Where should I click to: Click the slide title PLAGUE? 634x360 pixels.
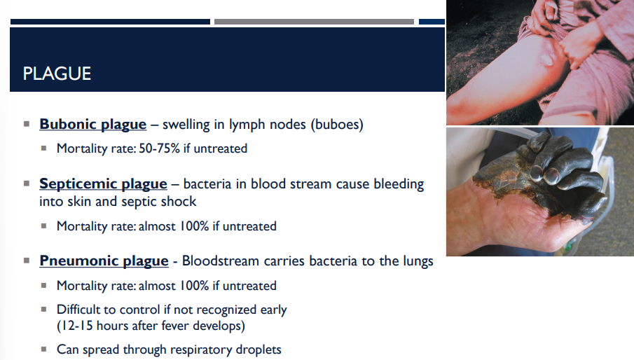coord(57,74)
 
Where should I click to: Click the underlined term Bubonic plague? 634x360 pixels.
coord(92,125)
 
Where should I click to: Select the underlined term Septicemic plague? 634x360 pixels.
coord(103,184)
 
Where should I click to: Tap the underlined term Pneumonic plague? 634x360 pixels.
coord(104,261)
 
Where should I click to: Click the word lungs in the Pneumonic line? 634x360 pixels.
coord(416,261)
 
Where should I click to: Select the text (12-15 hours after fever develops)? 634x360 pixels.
coord(151,326)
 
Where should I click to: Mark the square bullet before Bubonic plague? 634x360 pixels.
coord(26,124)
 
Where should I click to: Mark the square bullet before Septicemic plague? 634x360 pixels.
coord(26,184)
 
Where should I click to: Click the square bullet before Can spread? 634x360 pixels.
coord(43,349)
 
